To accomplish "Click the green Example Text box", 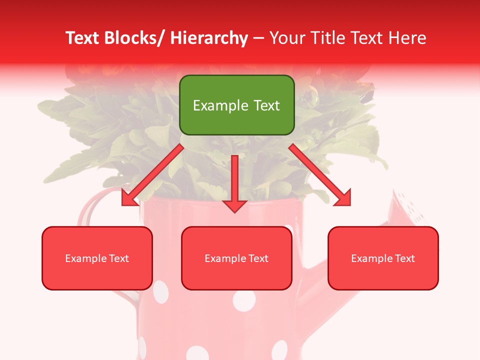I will coord(236,105).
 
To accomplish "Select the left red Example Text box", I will coord(97,258).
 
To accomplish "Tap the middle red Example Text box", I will coord(236,258).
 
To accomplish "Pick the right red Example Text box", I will coord(383,258).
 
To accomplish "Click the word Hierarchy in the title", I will coord(208,38).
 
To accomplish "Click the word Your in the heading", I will coord(287,38).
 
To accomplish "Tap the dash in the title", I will coord(258,38).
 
